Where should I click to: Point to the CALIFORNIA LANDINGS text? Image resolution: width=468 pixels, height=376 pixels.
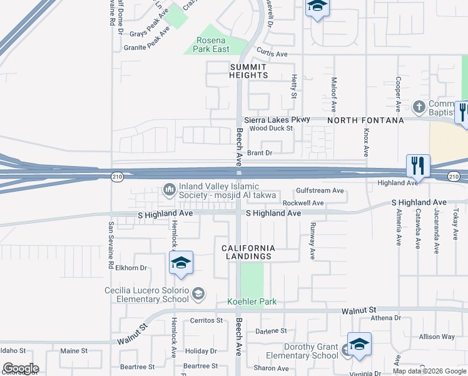[248, 252]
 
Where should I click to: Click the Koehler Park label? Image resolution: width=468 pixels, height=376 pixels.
[252, 301]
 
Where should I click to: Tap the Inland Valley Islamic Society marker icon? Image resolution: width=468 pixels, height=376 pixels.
[169, 189]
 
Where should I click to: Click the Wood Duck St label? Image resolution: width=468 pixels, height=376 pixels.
[271, 128]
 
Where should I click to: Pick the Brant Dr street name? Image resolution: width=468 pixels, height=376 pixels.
[260, 152]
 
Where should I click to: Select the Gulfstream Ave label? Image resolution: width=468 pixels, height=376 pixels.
[320, 191]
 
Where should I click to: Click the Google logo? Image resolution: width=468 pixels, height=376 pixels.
[20, 368]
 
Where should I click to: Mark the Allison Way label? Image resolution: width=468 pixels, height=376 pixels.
[437, 337]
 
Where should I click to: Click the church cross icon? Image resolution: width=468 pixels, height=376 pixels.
[419, 105]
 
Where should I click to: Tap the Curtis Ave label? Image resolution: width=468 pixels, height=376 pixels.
[272, 55]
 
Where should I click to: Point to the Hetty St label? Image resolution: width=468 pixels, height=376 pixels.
[293, 86]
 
